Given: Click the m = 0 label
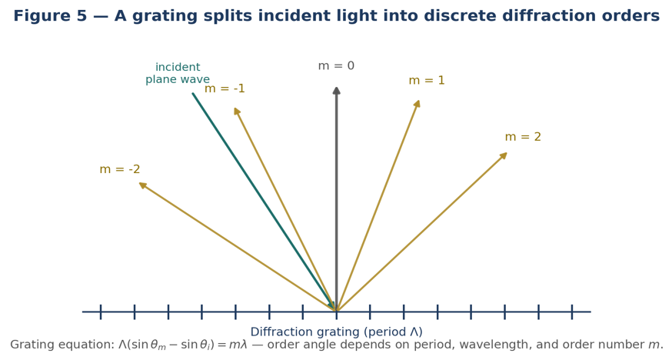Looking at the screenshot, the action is pyautogui.click(x=336, y=65).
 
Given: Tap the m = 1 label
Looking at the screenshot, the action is pyautogui.click(x=427, y=80).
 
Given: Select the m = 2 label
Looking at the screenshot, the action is pyautogui.click(x=523, y=137).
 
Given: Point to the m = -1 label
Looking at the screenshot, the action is pyautogui.click(x=225, y=88).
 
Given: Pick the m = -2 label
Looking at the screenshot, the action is pyautogui.click(x=120, y=169).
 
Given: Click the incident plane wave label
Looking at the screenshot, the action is pyautogui.click(x=178, y=73).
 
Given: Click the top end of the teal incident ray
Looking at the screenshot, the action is pyautogui.click(x=193, y=93).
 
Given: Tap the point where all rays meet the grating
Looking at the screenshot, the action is pyautogui.click(x=337, y=311).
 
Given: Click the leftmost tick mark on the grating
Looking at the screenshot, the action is pyautogui.click(x=101, y=312).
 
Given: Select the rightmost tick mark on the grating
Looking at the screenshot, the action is pyautogui.click(x=572, y=312).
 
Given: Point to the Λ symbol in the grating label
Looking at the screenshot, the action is pyautogui.click(x=414, y=332).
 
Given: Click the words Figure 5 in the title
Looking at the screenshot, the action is pyautogui.click(x=50, y=16).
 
